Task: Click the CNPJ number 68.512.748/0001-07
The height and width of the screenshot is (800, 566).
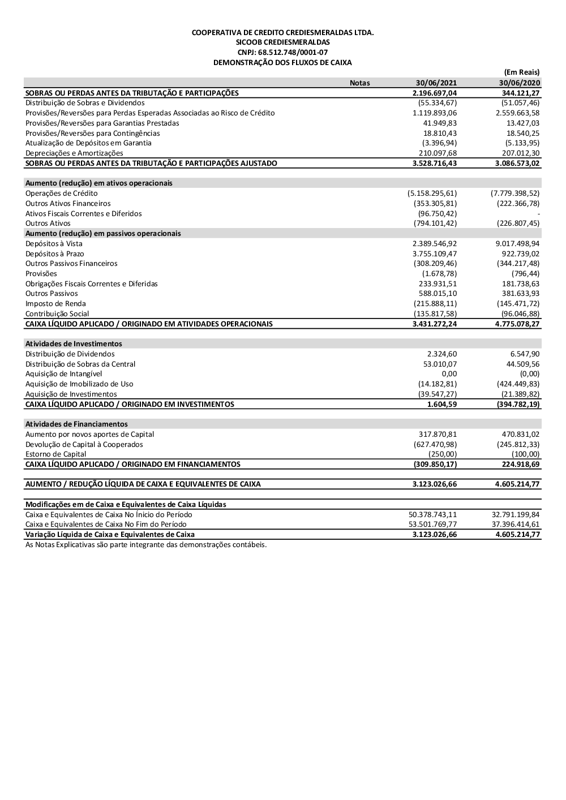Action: pos(282,53)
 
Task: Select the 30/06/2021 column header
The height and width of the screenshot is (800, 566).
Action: pos(436,83)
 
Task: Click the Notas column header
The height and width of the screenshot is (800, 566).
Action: pos(359,83)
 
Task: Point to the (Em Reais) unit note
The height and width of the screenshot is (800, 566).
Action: pos(521,72)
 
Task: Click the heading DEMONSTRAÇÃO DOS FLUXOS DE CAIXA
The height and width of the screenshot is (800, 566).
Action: pos(282,63)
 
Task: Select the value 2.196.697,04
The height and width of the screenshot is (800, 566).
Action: pos(434,93)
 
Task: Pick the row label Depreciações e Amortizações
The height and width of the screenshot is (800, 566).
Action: pos(74,153)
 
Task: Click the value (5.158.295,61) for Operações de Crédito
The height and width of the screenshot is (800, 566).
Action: pos(432,193)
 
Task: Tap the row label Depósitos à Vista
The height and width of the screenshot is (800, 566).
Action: pos(54,244)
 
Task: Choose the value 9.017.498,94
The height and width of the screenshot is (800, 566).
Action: pos(517,244)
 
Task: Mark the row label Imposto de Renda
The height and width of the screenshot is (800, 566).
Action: pos(55,304)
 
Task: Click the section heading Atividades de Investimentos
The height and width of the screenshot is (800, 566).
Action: pos(74,344)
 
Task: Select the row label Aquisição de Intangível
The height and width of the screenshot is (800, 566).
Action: pos(63,374)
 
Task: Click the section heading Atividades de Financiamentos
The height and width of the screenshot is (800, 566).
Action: pos(78,424)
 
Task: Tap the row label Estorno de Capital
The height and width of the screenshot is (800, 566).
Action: pos(55,454)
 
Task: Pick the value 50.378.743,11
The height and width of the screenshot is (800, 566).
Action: pos(432,515)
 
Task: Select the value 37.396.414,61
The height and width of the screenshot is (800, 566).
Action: pos(516,524)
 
